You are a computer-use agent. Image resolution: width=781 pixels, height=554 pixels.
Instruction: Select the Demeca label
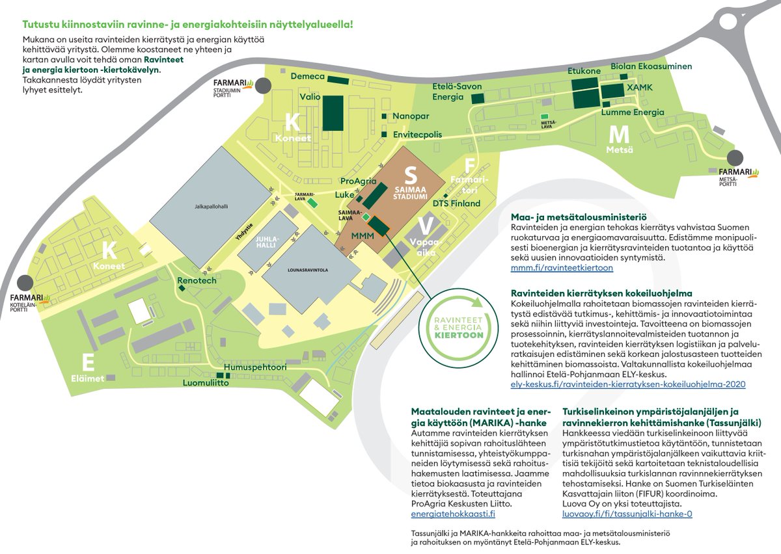(307, 76)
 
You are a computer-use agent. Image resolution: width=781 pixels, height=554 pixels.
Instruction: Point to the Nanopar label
(411, 116)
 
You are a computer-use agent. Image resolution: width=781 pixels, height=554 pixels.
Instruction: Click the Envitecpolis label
(417, 135)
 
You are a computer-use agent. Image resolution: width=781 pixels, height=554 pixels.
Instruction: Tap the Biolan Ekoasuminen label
(651, 66)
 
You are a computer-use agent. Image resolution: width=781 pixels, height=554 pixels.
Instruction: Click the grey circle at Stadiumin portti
(263, 86)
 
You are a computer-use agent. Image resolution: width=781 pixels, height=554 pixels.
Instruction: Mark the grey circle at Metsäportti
(735, 158)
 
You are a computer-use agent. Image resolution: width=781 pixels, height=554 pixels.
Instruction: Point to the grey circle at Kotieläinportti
(25, 282)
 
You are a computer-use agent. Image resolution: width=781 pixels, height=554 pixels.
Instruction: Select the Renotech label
(197, 281)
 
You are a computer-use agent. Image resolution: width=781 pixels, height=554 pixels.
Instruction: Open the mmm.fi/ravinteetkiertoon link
(562, 267)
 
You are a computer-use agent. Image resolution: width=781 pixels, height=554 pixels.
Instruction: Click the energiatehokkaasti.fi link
(453, 514)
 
